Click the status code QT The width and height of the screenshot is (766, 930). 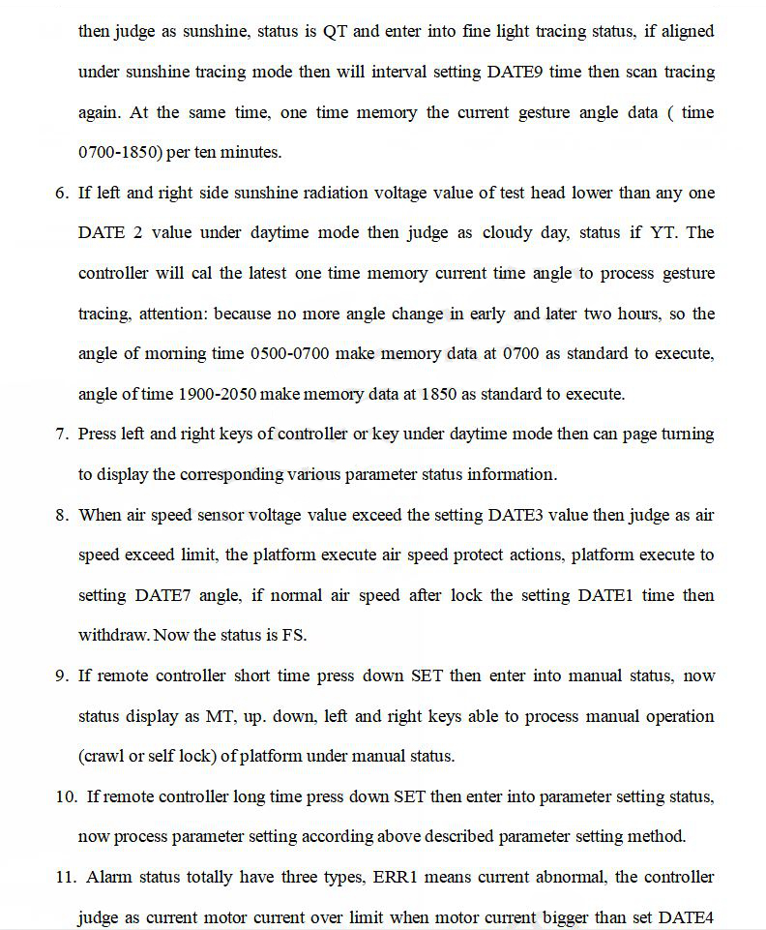(335, 31)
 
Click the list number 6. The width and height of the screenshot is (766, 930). (60, 193)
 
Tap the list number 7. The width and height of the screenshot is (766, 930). (60, 434)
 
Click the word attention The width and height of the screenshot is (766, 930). (172, 314)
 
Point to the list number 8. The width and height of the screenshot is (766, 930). (60, 515)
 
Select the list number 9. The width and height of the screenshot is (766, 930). (60, 675)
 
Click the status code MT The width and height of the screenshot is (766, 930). (219, 716)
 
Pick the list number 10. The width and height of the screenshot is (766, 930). (66, 796)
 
